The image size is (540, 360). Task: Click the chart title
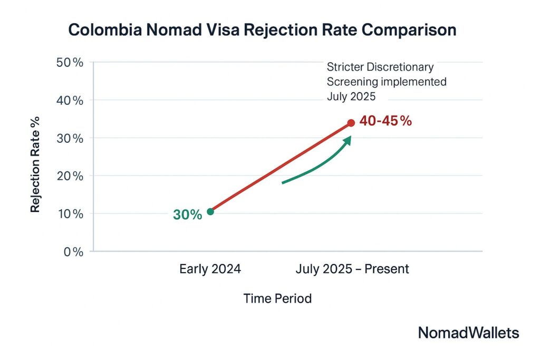pos(263,30)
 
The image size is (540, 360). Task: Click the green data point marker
pos(210,211)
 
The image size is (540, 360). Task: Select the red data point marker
pos(351,123)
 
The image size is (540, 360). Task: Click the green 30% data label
pos(187,215)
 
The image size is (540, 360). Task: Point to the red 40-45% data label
pos(385,121)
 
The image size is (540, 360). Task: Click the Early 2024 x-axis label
pos(210,269)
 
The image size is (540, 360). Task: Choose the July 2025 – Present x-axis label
pos(352,269)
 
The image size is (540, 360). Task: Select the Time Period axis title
pos(277,298)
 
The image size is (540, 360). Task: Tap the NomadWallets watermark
pos(468,333)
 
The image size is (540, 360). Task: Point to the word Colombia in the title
pos(103,30)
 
